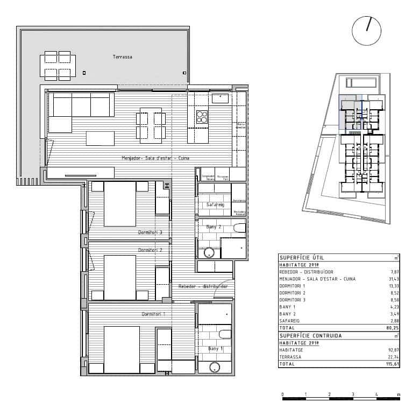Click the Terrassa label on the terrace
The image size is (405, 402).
pos(122,57)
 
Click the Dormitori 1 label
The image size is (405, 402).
pos(153,313)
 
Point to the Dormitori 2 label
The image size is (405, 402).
pos(150,250)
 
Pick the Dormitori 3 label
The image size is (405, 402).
pos(150,232)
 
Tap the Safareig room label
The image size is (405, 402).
pos(216,205)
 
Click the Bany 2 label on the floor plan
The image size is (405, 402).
pos(215,227)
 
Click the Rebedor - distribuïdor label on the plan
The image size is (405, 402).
pos(203,286)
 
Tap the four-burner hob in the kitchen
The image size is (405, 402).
pos(202,117)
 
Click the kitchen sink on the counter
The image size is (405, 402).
pos(221,98)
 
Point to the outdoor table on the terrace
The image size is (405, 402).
pos(58,65)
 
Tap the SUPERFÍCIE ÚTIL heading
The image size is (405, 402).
pos(301,258)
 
